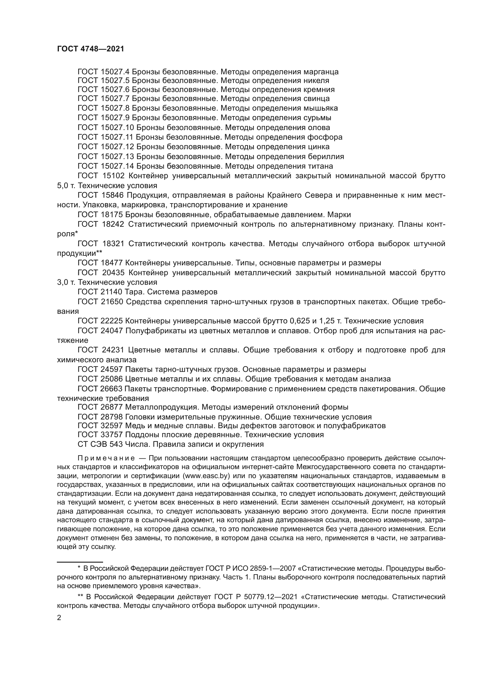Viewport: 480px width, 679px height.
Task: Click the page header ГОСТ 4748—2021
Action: point(91,49)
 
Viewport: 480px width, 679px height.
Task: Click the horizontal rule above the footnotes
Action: point(80,562)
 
